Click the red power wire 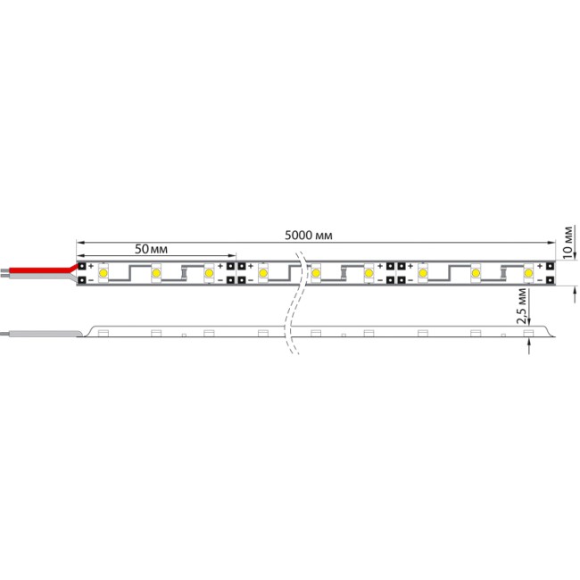40,268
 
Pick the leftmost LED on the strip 104,272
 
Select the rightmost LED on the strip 528,272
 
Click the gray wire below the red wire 36,277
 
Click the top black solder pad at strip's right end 544,265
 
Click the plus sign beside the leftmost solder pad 91,265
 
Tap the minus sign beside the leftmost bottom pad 91,280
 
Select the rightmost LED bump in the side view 527,333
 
